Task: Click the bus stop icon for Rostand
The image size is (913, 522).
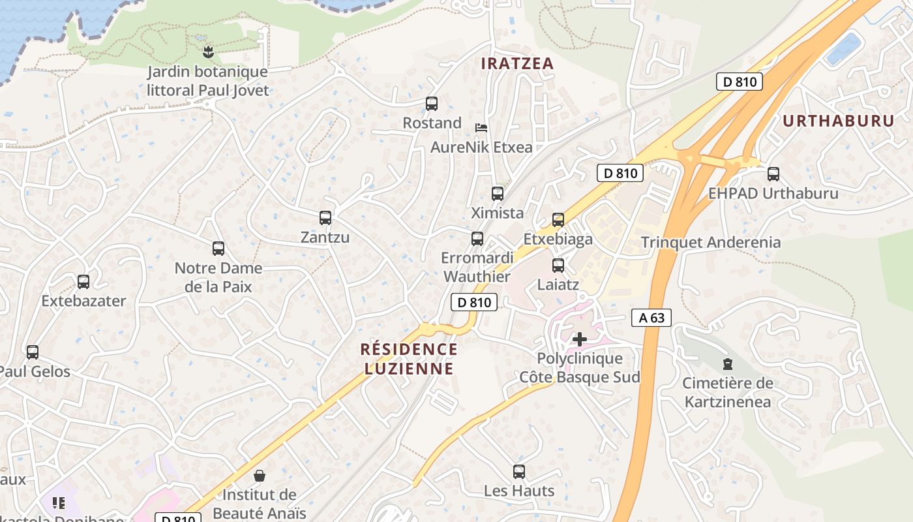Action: pyautogui.click(x=431, y=104)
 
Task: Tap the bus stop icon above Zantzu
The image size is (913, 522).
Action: pyautogui.click(x=325, y=218)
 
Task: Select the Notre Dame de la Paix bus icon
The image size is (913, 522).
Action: pyautogui.click(x=218, y=249)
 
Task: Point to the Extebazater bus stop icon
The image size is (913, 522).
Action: pyautogui.click(x=83, y=282)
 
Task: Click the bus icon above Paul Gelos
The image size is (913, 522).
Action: pyautogui.click(x=33, y=352)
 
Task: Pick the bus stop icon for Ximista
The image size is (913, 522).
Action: pyautogui.click(x=498, y=194)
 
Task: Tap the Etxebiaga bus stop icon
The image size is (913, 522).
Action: pyautogui.click(x=558, y=220)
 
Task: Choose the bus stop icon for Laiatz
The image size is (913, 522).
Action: pyautogui.click(x=558, y=266)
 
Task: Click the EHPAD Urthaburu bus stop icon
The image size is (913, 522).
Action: pyautogui.click(x=773, y=174)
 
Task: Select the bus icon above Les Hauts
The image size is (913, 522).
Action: pyautogui.click(x=519, y=471)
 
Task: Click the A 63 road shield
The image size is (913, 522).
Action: pyautogui.click(x=651, y=318)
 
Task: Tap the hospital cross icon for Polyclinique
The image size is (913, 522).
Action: pyautogui.click(x=579, y=339)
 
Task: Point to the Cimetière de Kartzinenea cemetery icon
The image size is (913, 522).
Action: pyautogui.click(x=727, y=364)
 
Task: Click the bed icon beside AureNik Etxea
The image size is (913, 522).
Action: pyautogui.click(x=481, y=127)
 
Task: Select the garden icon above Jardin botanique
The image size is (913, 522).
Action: pyautogui.click(x=208, y=52)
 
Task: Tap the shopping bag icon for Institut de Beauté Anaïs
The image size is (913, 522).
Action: pyautogui.click(x=260, y=476)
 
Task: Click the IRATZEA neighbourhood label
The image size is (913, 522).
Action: pyautogui.click(x=517, y=63)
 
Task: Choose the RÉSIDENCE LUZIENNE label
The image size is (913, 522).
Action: pyautogui.click(x=409, y=359)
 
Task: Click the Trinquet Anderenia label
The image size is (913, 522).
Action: pyautogui.click(x=710, y=242)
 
